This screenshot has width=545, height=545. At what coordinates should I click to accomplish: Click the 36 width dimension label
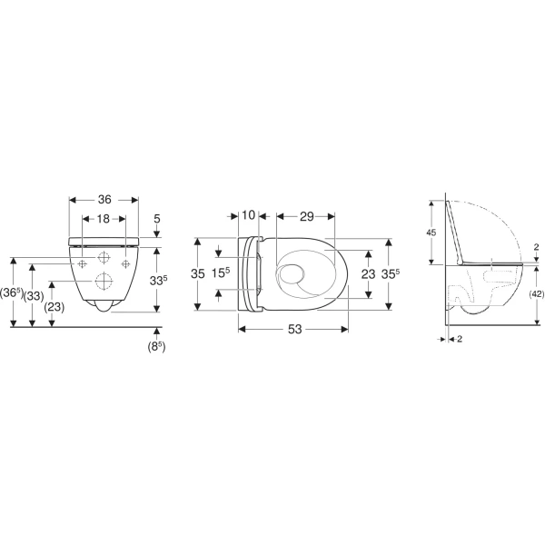(104, 200)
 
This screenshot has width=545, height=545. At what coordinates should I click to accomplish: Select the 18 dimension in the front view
(104, 219)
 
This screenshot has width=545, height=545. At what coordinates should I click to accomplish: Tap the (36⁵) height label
(12, 293)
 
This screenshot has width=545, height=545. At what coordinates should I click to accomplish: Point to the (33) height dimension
(34, 296)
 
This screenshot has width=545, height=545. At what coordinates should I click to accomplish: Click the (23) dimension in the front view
(54, 307)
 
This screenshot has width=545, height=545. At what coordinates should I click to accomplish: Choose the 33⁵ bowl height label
(158, 280)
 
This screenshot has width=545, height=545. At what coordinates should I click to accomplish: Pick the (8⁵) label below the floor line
(156, 347)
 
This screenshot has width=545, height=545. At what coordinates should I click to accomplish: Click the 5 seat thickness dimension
(157, 219)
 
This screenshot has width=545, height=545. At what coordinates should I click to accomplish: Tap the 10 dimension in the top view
(248, 215)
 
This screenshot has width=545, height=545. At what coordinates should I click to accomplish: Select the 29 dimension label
(307, 216)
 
